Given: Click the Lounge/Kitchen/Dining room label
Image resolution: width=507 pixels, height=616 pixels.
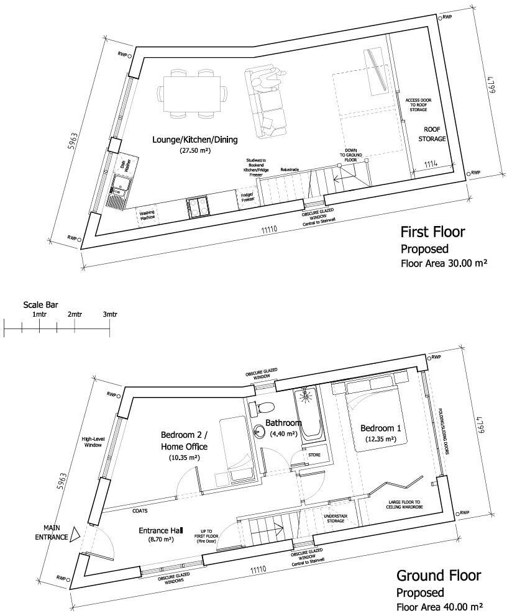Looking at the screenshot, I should pyautogui.click(x=195, y=140).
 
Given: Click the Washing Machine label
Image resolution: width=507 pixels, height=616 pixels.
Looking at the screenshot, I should pyautogui.click(x=147, y=215).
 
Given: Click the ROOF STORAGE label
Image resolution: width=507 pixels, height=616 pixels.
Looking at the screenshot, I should pyautogui.click(x=435, y=134).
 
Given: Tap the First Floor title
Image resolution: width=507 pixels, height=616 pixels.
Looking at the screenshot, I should pyautogui.click(x=432, y=233).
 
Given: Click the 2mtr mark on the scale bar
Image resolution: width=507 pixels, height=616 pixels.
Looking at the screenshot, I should pyautogui.click(x=75, y=315).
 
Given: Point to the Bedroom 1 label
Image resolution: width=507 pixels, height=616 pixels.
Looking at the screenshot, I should pyautogui.click(x=380, y=428).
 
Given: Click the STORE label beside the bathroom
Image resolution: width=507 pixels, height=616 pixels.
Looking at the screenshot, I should pyautogui.click(x=314, y=455).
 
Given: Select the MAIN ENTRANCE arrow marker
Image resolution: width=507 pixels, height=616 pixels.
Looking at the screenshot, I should pyautogui.click(x=75, y=532).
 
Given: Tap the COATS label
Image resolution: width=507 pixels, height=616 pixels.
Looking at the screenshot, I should pyautogui.click(x=139, y=512).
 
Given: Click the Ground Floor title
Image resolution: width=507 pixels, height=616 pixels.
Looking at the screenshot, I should pyautogui.click(x=438, y=576).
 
